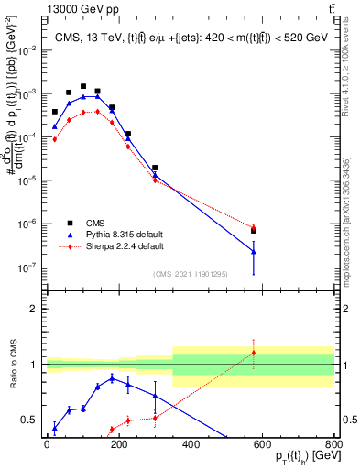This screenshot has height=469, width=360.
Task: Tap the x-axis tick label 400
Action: [x=191, y=443]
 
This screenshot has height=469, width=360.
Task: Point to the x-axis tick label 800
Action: [x=333, y=443]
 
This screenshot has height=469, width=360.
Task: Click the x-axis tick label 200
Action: [x=118, y=443]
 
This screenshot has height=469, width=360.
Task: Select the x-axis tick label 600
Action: [x=262, y=443]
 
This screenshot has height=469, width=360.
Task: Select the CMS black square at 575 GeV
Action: [x=253, y=230]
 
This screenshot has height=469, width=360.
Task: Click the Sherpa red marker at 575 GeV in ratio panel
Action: [x=253, y=353]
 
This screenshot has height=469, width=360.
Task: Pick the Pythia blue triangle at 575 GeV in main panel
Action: [x=253, y=251]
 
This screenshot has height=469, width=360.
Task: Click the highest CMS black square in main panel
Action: [x=83, y=86]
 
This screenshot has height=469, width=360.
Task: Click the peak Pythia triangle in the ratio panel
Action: [x=112, y=377]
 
